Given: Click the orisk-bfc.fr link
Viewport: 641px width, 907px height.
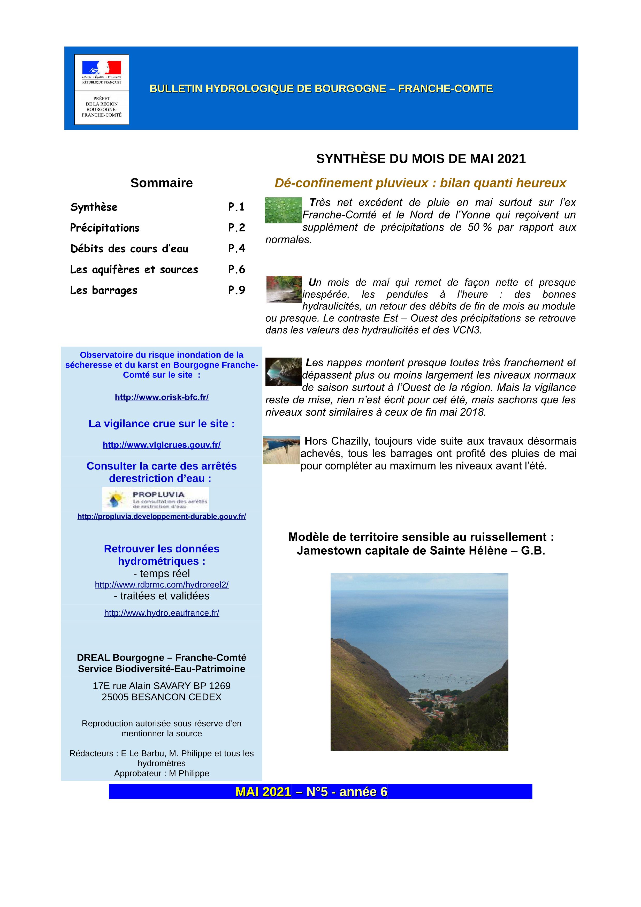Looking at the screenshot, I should click(162, 397).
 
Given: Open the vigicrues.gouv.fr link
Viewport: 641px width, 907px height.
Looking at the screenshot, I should click(162, 445).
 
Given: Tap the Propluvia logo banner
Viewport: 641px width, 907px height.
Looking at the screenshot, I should click(155, 499).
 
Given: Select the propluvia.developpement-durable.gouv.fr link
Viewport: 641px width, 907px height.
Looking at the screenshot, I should click(162, 516).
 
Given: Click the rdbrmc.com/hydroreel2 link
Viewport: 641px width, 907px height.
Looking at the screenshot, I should click(162, 585).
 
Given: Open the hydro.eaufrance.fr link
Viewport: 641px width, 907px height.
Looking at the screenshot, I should click(162, 613).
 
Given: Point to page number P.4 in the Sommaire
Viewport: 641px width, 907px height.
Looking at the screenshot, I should click(236, 248).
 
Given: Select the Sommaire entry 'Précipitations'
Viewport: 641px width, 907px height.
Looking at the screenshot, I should click(105, 228).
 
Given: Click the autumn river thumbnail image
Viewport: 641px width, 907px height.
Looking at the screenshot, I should click(284, 290).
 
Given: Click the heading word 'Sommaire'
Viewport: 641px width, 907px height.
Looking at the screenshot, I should click(162, 183).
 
